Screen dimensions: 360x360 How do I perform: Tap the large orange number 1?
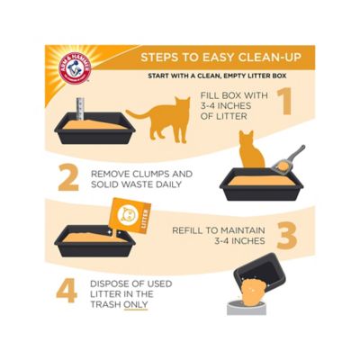(x=284, y=103)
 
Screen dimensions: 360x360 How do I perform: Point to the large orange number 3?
(x=286, y=236)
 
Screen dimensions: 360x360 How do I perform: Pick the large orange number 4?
(x=67, y=292)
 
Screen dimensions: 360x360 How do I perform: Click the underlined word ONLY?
(x=136, y=304)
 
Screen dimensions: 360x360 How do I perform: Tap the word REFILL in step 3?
(x=192, y=229)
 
